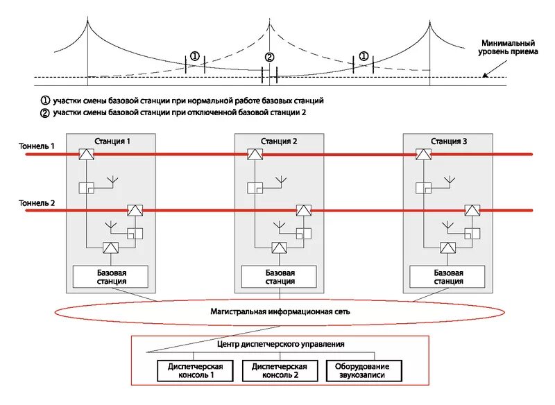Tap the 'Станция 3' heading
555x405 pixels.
click(448, 141)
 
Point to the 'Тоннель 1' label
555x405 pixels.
click(37, 146)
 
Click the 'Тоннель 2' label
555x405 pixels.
click(37, 203)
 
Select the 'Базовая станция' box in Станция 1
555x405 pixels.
click(110, 277)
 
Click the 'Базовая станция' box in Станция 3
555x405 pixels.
click(448, 277)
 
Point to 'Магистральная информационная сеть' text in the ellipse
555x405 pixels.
click(280, 311)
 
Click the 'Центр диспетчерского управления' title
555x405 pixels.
click(281, 344)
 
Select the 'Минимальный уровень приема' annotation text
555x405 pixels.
click(507, 47)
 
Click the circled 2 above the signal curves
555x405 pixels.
click(270, 57)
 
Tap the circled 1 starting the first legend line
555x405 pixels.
click(46, 101)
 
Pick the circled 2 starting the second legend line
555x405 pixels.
click(46, 112)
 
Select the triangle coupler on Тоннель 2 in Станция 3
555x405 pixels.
click(472, 211)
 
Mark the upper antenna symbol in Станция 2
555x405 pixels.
click(282, 181)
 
